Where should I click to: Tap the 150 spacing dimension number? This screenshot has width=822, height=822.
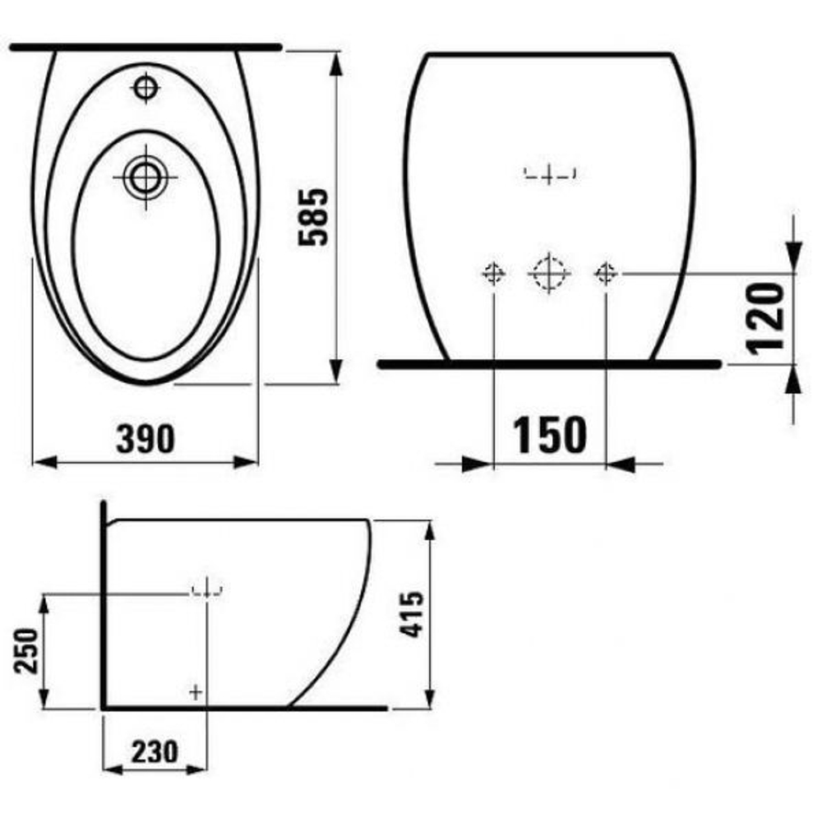tap(550, 435)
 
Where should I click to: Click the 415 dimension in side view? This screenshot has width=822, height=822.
tap(413, 614)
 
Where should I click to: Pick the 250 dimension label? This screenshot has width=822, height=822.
tap(26, 651)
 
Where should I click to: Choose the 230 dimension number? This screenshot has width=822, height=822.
tap(154, 750)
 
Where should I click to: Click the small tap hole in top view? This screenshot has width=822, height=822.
tap(146, 87)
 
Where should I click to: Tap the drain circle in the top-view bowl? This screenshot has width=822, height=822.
tap(146, 175)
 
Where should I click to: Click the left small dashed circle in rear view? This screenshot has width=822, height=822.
tap(493, 273)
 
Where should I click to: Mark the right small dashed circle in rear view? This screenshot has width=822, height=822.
tap(606, 272)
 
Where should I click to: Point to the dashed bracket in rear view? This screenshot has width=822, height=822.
tap(550, 173)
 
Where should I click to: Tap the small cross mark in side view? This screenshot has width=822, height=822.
tap(196, 691)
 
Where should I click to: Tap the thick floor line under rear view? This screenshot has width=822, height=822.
tap(548, 363)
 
